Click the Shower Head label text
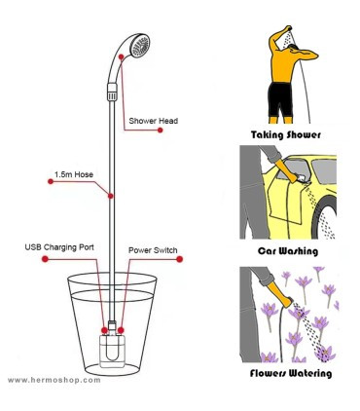click(x=154, y=121)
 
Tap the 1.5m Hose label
click(x=74, y=174)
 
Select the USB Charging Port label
click(x=59, y=247)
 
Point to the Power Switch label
click(x=153, y=250)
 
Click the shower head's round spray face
click(x=140, y=46)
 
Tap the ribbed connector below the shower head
click(x=112, y=92)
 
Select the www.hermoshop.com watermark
click(x=54, y=380)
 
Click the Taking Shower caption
click(x=286, y=135)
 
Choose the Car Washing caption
click(x=288, y=251)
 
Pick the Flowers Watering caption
click(x=291, y=373)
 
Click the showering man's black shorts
click(x=280, y=99)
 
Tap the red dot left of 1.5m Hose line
click(x=51, y=181)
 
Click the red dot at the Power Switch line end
click(x=180, y=259)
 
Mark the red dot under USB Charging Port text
click(x=45, y=259)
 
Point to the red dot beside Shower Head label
click(x=160, y=131)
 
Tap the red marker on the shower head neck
click(x=121, y=56)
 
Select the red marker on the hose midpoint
click(x=111, y=196)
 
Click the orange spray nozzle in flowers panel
click(x=283, y=296)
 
